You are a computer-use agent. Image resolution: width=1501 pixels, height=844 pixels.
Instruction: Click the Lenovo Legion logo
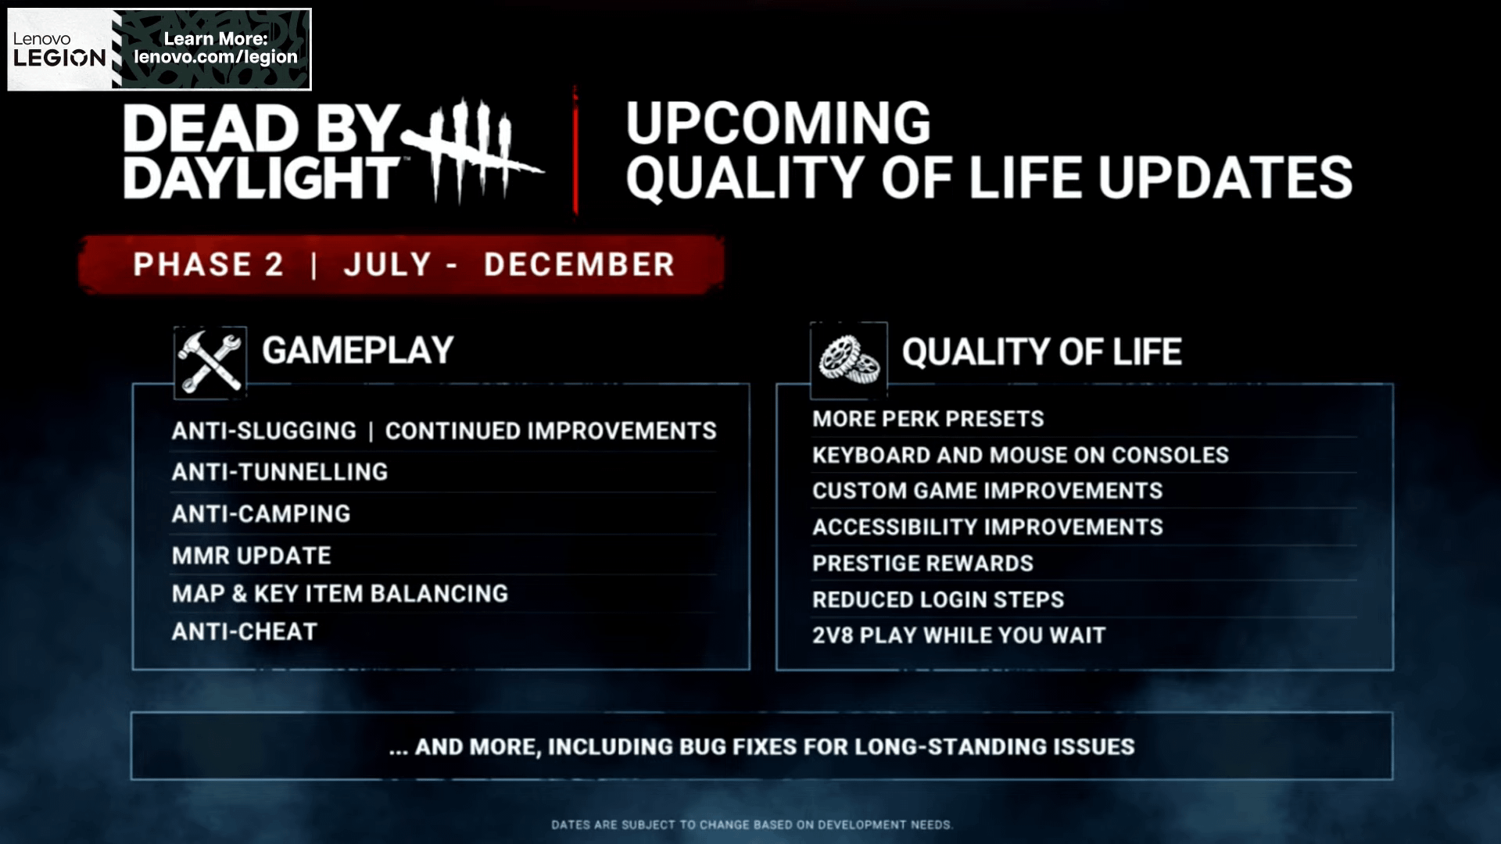(59, 50)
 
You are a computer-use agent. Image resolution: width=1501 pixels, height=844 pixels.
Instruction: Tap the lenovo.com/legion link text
(215, 57)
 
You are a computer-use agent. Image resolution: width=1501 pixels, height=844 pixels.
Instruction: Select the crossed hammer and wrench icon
(210, 361)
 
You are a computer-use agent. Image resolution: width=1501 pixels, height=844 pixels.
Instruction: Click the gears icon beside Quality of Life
(848, 359)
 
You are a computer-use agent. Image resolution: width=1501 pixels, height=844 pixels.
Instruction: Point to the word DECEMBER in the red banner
(579, 265)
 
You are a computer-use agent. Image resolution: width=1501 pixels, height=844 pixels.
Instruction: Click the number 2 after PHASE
(274, 265)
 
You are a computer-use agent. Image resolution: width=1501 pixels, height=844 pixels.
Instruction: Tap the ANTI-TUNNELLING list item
(280, 472)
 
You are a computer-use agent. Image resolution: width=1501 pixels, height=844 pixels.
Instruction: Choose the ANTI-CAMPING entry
(261, 514)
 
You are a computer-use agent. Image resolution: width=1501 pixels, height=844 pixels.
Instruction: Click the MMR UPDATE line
(252, 556)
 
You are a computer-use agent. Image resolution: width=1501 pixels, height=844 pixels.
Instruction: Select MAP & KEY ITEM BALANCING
(340, 594)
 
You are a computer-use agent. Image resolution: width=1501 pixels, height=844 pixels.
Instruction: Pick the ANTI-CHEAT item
(245, 631)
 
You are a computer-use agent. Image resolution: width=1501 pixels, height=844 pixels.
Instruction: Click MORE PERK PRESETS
(928, 419)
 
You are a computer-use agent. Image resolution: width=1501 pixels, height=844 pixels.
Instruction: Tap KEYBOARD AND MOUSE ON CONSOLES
(1020, 455)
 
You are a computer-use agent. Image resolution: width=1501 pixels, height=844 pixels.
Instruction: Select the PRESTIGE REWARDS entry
(922, 563)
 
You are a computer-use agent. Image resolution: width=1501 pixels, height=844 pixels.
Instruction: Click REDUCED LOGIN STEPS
(938, 599)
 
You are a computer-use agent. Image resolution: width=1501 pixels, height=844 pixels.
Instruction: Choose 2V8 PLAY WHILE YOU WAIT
(959, 635)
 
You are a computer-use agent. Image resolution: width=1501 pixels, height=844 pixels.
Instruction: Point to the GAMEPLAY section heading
(357, 351)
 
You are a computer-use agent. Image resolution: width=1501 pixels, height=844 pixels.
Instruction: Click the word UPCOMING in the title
(778, 123)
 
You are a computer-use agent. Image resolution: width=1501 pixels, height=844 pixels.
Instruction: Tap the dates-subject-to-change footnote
(751, 824)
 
